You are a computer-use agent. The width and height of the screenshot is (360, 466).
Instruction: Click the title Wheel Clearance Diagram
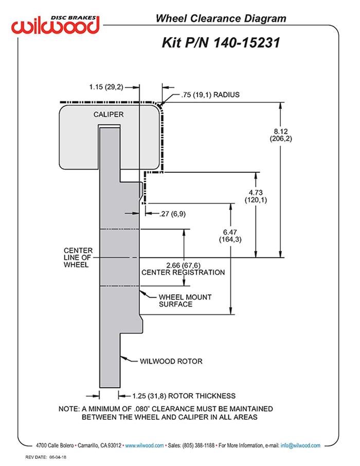click(x=221, y=19)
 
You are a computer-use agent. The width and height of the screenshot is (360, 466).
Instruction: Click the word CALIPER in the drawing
click(x=109, y=114)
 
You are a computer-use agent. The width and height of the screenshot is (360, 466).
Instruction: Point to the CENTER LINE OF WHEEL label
click(x=78, y=258)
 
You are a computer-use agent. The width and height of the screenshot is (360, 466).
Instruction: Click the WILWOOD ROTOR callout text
click(x=171, y=361)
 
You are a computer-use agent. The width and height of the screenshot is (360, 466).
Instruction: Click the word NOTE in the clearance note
click(x=69, y=408)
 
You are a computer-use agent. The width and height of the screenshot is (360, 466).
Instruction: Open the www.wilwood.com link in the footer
click(x=145, y=445)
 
